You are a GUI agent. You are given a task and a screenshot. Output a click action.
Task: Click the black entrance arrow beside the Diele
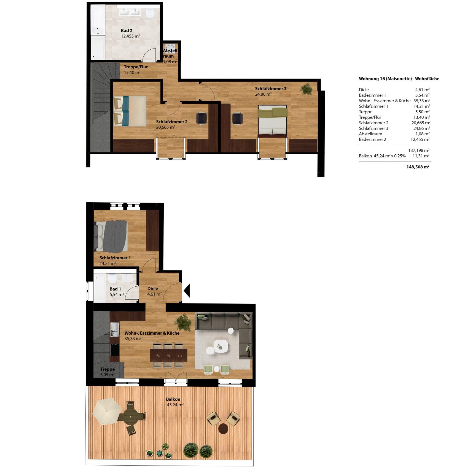[187, 291]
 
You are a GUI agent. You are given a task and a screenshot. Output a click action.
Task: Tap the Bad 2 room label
[127, 31]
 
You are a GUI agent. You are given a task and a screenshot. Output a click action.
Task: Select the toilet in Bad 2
[150, 14]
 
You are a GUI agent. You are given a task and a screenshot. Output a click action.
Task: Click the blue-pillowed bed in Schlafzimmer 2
[130, 111]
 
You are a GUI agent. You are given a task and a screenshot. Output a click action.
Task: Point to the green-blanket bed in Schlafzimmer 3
[272, 120]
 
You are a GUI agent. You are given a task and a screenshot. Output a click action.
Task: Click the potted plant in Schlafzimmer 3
[306, 89]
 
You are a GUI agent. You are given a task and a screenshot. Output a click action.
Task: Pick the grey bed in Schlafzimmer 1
[111, 236]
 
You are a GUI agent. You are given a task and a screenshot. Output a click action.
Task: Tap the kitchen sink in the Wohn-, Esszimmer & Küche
[114, 330]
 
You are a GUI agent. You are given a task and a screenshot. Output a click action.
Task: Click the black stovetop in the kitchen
[114, 350]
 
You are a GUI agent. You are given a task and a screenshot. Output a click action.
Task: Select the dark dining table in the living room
[169, 356]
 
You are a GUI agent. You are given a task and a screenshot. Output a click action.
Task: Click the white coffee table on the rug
[221, 346]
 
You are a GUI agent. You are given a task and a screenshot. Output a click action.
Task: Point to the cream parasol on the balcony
[107, 412]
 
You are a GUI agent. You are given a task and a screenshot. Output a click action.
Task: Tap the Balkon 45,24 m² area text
[175, 402]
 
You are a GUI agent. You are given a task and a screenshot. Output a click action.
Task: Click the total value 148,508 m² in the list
[418, 167]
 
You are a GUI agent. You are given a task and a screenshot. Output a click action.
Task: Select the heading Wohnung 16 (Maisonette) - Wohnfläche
[399, 79]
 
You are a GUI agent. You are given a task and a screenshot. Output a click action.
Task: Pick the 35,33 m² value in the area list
[422, 101]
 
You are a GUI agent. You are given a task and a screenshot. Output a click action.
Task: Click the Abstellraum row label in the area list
[370, 134]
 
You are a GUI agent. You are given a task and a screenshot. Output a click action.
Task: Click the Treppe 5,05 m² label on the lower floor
[108, 372]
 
